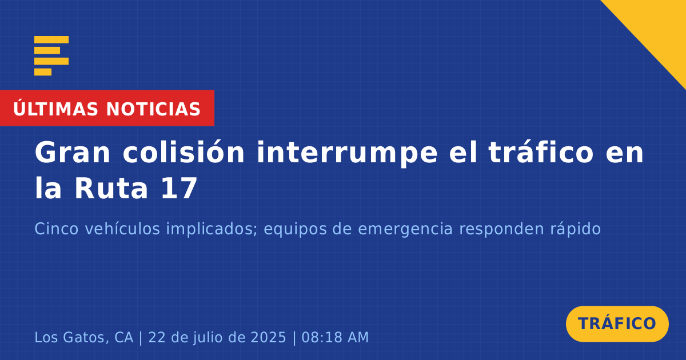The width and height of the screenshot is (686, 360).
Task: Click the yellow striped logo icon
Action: pyautogui.click(x=51, y=56)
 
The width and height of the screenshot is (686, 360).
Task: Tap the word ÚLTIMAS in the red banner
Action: pyautogui.click(x=55, y=108)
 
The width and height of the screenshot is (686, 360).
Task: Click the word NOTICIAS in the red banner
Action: pyautogui.click(x=153, y=109)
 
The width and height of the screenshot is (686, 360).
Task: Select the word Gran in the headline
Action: pyautogui.click(x=73, y=153)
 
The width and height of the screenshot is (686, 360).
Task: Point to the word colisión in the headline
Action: pyautogui.click(x=184, y=152)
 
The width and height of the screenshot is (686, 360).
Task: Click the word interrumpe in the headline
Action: pyautogui.click(x=348, y=154)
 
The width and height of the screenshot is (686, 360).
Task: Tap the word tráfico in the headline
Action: pyautogui.click(x=541, y=152)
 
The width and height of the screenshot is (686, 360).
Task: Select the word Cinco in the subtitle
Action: pyautogui.click(x=57, y=229)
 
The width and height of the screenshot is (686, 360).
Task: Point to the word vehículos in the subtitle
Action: pyautogui.click(x=122, y=229)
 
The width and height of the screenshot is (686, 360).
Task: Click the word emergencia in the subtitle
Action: pyautogui.click(x=405, y=230)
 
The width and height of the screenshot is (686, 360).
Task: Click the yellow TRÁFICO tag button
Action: pyautogui.click(x=617, y=323)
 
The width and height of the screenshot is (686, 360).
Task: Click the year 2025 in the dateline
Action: pyautogui.click(x=268, y=337)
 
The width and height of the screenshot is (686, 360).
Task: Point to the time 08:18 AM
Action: pyautogui.click(x=335, y=337)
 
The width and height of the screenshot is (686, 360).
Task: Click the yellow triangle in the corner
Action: pyautogui.click(x=659, y=27)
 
